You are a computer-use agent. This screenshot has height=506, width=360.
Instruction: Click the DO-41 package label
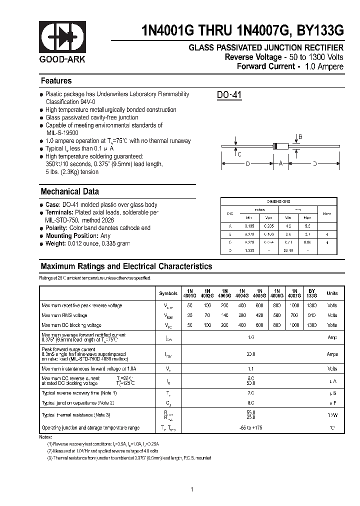coord(229,94)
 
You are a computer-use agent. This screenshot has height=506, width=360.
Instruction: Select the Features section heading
coord(56,81)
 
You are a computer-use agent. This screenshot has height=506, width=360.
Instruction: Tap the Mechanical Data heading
coord(69,191)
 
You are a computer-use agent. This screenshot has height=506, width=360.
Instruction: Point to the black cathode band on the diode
coord(274,146)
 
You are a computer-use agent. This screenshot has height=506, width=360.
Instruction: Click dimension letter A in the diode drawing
coord(281,163)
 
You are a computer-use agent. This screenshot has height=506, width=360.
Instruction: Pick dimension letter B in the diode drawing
coord(300,136)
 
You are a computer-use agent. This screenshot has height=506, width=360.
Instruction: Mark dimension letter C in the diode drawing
coord(239,154)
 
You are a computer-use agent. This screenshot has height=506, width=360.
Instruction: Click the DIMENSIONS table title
coord(278,201)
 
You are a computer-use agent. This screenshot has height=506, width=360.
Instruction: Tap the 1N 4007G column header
coord(294,293)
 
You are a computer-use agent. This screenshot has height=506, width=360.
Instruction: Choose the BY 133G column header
coord(311,293)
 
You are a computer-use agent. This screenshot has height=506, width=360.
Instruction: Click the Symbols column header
coord(168,293)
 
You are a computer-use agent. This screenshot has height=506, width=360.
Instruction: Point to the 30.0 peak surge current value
coord(250,354)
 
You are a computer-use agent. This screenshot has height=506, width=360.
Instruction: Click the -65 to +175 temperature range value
coord(250,427)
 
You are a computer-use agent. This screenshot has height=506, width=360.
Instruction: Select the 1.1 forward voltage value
coord(250,368)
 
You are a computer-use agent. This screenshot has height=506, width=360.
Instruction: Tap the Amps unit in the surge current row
coord(332,354)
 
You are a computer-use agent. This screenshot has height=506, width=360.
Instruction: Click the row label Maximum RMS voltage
coord(64,315)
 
